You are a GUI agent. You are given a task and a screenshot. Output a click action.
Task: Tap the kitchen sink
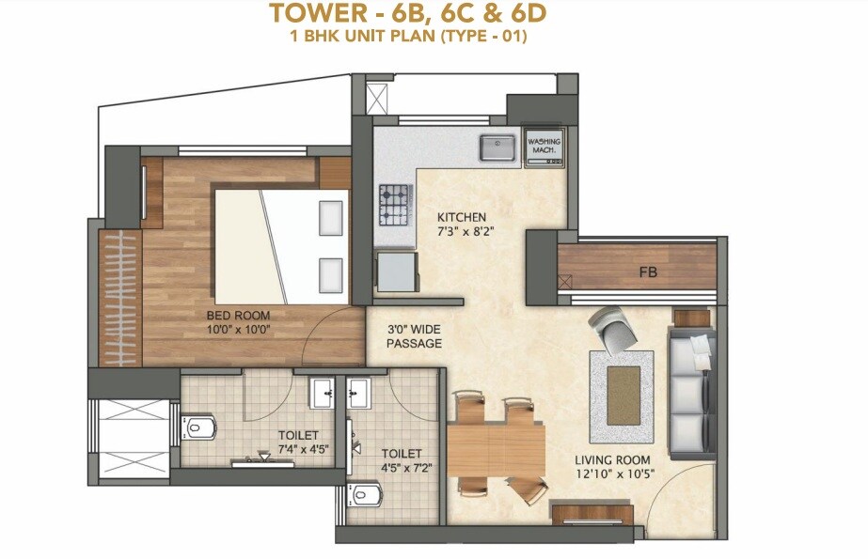pyautogui.click(x=497, y=147)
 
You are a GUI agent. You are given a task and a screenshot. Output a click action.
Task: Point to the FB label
pyautogui.click(x=647, y=273)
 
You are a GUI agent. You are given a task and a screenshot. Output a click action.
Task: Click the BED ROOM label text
pyautogui.click(x=234, y=316)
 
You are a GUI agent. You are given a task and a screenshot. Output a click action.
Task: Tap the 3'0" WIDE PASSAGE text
pyautogui.click(x=414, y=336)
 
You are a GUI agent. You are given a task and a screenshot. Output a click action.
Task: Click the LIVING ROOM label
pyautogui.click(x=614, y=460)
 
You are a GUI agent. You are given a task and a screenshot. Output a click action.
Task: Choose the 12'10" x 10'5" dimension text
pyautogui.click(x=615, y=474)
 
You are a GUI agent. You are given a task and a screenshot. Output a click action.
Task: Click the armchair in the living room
pyautogui.click(x=614, y=330)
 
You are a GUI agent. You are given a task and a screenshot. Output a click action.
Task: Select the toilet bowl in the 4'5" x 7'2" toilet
pyautogui.click(x=365, y=493)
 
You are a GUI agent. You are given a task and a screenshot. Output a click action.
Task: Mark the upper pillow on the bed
pyautogui.click(x=330, y=218)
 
